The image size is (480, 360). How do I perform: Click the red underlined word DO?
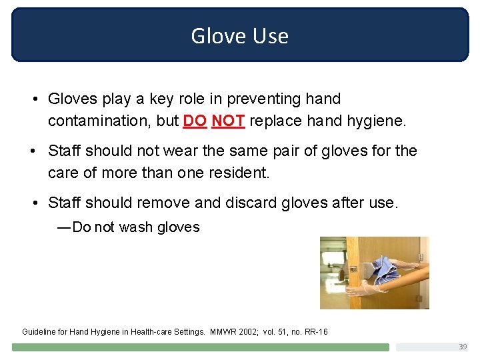(x=194, y=121)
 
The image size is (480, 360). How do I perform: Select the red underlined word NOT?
(x=228, y=121)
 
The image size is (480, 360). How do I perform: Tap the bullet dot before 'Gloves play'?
(x=33, y=99)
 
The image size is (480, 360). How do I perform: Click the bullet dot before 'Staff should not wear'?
(x=33, y=151)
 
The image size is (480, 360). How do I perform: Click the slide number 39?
(x=462, y=347)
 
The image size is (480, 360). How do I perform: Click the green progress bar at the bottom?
(x=200, y=347)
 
